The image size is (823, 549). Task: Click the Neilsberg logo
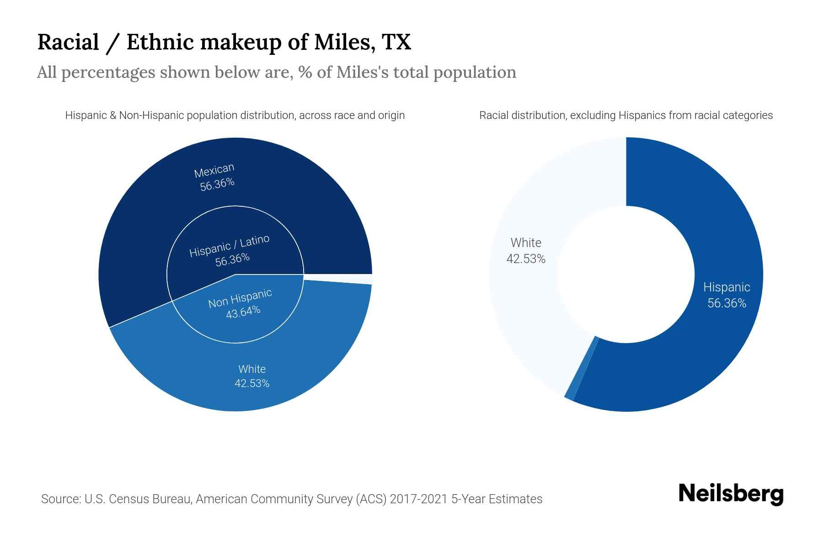click(x=731, y=494)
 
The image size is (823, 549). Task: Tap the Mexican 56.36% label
click(x=215, y=177)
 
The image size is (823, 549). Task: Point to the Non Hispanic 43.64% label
click(x=241, y=304)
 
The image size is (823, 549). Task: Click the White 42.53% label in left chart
click(x=252, y=376)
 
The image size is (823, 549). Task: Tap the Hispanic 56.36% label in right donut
click(x=727, y=295)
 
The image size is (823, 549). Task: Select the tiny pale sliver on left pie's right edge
click(x=366, y=279)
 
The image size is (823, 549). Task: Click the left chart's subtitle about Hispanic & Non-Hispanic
click(x=235, y=115)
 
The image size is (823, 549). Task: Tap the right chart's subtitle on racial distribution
click(x=626, y=115)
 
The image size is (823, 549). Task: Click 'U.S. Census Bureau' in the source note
click(x=137, y=499)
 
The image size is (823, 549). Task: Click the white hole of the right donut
click(x=626, y=274)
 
